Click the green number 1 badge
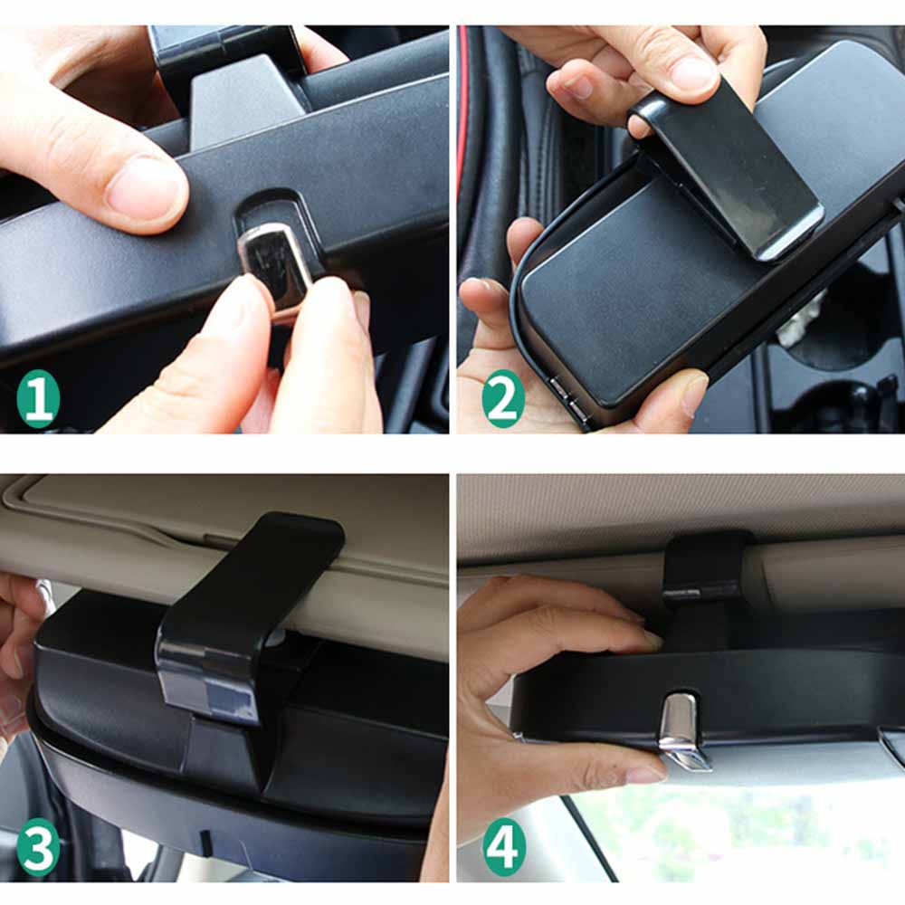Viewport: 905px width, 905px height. coord(38,398)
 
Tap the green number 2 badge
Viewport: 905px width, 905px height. coord(503,398)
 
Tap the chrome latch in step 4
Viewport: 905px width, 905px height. coord(681,729)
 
